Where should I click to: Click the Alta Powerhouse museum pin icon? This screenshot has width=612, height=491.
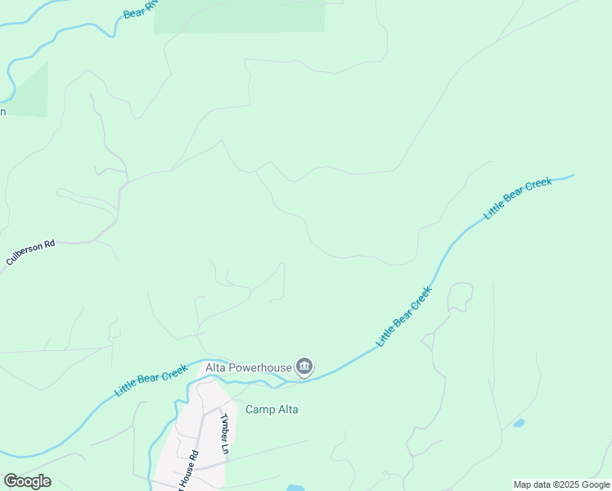pyautogui.click(x=304, y=367)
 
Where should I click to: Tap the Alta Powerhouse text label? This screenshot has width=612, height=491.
pyautogui.click(x=248, y=367)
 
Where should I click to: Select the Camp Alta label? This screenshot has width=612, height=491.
pyautogui.click(x=272, y=409)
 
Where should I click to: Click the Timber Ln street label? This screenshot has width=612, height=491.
pyautogui.click(x=224, y=433)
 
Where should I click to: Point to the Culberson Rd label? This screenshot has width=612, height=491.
pyautogui.click(x=30, y=252)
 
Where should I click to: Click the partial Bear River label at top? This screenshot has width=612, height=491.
pyautogui.click(x=140, y=9)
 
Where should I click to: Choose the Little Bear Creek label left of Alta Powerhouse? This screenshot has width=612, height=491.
pyautogui.click(x=151, y=381)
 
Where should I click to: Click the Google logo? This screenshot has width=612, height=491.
pyautogui.click(x=27, y=481)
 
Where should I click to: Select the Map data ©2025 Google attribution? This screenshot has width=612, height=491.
pyautogui.click(x=561, y=484)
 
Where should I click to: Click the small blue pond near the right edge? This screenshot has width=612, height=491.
pyautogui.click(x=518, y=424)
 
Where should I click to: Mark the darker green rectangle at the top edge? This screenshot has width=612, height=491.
pyautogui.click(x=239, y=16)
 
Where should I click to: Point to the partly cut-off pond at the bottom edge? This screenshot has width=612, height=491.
pyautogui.click(x=295, y=488)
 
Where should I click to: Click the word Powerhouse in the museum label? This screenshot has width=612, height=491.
pyautogui.click(x=259, y=367)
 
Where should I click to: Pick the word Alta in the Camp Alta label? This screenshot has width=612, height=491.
pyautogui.click(x=286, y=409)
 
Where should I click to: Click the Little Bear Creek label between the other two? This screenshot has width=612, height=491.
pyautogui.click(x=403, y=315)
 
